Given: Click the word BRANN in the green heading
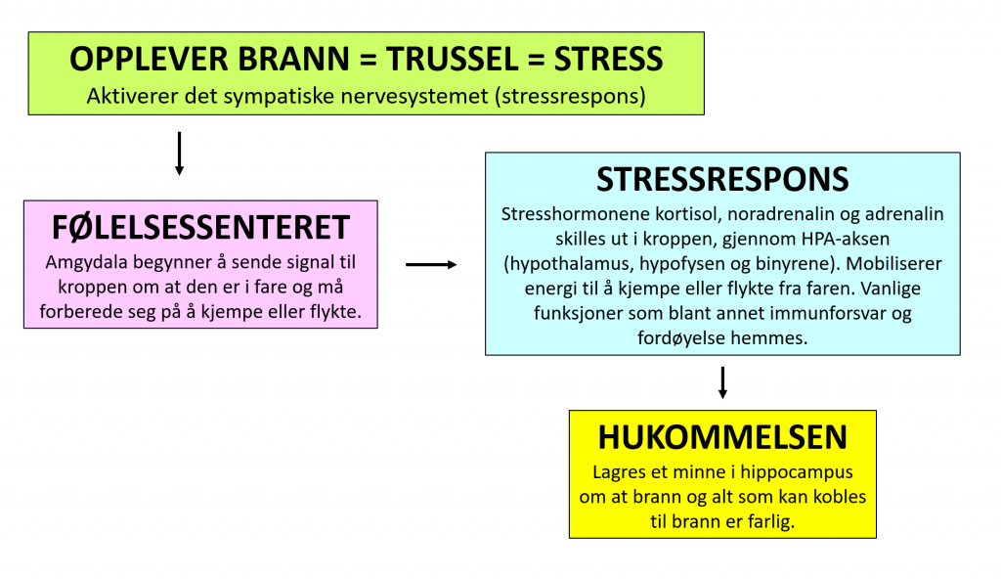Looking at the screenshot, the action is pyautogui.click(x=293, y=59).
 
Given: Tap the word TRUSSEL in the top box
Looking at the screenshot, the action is pyautogui.click(x=453, y=59).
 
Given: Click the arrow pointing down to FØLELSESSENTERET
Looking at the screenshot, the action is pyautogui.click(x=180, y=154).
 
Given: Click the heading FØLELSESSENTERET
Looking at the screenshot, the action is pyautogui.click(x=200, y=228).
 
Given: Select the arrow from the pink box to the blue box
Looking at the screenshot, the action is pyautogui.click(x=431, y=264).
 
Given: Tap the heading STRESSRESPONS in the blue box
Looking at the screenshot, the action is pyautogui.click(x=722, y=180).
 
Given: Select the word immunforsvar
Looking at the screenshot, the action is pyautogui.click(x=813, y=314).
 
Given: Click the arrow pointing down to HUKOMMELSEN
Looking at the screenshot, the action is pyautogui.click(x=722, y=382).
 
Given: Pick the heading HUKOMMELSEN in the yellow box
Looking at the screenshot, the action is pyautogui.click(x=722, y=438).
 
